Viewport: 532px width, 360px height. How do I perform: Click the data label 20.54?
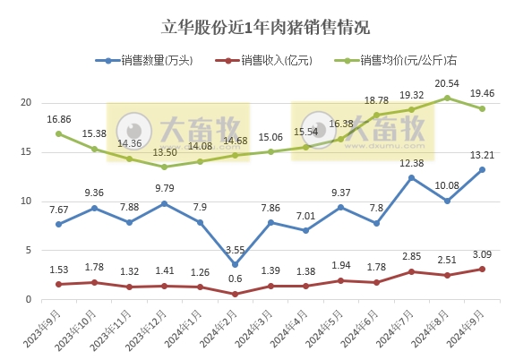448,83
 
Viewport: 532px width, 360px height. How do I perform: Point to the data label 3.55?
236,248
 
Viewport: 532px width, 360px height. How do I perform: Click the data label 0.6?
236,278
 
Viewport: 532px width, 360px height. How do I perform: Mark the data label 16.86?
58,118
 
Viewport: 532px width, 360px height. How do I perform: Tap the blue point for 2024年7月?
412,177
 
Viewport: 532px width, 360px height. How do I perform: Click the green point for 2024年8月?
447,98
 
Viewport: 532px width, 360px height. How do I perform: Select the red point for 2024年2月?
236,294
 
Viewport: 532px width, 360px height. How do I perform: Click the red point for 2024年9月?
482,270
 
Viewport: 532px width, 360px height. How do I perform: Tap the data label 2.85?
412,256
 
